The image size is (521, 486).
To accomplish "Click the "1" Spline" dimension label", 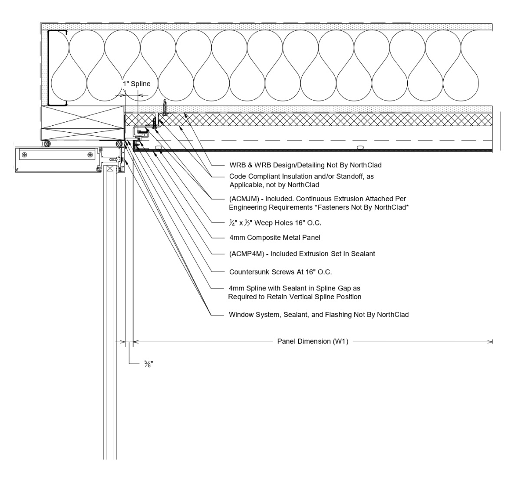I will pos(136,84).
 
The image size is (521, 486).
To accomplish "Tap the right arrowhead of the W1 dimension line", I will pos(491,342).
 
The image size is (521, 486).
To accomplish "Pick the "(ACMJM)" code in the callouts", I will pos(241,199).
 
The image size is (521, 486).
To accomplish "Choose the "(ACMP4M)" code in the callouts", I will pos(244,254).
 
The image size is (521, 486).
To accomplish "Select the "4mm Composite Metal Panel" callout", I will pos(274,238).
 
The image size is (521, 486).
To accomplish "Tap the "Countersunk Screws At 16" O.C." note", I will pos(280,272).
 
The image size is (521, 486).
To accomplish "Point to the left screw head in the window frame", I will pos(24,154).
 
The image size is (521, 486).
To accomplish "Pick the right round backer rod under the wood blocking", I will pos(119,143).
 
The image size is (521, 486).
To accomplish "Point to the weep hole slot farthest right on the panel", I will pos(360,148).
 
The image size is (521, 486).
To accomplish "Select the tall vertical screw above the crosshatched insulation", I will pos(165,107).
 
